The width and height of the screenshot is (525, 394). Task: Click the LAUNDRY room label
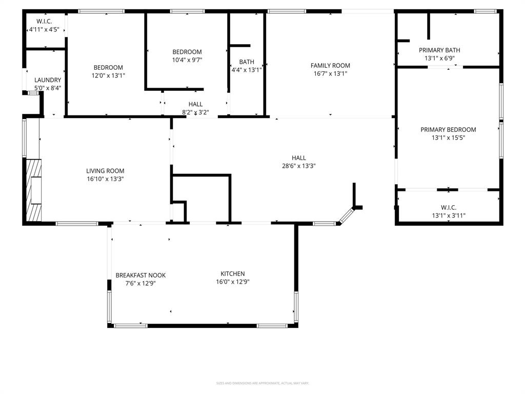coord(48,80)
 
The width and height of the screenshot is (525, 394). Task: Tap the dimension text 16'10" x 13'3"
coord(105,179)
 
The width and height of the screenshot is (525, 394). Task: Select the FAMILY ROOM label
coord(330,65)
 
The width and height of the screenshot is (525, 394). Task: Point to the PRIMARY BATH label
coord(439,50)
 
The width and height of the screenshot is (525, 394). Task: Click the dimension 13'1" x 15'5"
coord(448,137)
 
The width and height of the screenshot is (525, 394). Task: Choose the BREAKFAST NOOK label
coord(140,275)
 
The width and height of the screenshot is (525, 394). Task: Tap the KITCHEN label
coord(233,273)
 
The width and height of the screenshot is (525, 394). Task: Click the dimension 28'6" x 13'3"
coord(299,166)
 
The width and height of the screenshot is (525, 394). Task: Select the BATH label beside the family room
coord(247,62)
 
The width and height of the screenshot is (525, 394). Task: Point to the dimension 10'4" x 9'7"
coord(187,60)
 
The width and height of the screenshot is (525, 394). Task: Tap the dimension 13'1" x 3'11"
coord(449,215)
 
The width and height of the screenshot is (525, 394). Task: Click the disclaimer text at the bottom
coord(262,383)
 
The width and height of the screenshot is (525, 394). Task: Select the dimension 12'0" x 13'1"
coord(108,75)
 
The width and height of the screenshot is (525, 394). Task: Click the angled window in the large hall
coord(346,215)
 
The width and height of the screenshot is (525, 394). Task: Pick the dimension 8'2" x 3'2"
coord(195,112)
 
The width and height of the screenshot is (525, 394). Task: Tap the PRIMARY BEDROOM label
coord(448,130)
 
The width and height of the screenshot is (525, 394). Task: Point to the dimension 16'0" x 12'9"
coord(233,281)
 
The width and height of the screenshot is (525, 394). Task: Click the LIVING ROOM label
coord(105,171)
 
